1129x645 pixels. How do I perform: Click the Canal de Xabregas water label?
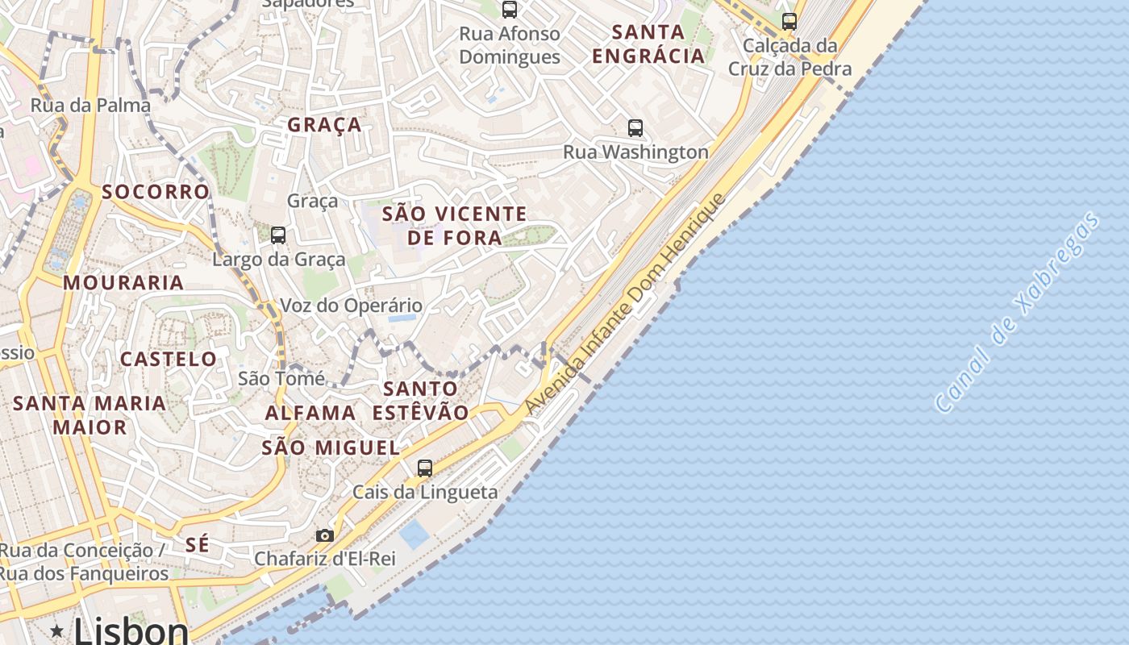coord(1019,313)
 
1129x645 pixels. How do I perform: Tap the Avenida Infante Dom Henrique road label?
coord(626,305)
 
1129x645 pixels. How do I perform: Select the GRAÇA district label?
coord(324,125)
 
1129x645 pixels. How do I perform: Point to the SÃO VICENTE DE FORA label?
coord(455,226)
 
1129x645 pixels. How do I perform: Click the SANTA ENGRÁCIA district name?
coord(648,44)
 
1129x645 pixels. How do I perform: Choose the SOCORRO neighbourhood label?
coord(156,192)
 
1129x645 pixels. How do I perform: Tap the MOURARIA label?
coord(123,283)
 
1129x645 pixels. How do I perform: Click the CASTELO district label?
coord(169,360)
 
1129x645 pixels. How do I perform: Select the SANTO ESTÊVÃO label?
coord(420,401)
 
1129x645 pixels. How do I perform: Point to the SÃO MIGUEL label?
coord(331,448)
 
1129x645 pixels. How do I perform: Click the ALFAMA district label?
coord(310,413)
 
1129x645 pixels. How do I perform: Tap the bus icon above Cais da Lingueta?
coord(424,468)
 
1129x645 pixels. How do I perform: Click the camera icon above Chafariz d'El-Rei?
coord(325,535)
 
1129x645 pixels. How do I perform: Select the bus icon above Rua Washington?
coord(635,127)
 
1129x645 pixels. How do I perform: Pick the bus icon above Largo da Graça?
coord(278,235)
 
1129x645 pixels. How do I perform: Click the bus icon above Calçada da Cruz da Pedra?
coord(789,22)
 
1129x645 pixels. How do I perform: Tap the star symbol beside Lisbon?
coord(56,630)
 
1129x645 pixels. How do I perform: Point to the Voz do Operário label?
coord(351,306)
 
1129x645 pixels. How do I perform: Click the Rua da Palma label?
coord(90,106)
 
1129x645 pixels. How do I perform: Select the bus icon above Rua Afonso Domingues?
coord(510,10)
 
